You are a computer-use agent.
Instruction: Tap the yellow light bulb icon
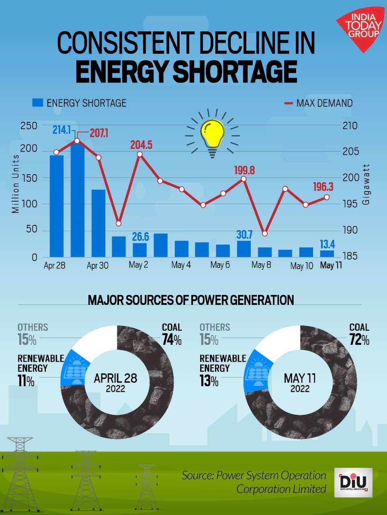pyautogui.click(x=212, y=134)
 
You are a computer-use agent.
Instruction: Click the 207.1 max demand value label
pyautogui.click(x=98, y=133)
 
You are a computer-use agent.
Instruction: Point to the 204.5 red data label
pyautogui.click(x=141, y=145)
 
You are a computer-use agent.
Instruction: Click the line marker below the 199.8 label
pyautogui.click(x=244, y=179)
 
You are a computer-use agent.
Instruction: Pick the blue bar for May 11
pyautogui.click(x=327, y=253)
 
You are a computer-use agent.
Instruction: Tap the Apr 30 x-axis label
pyautogui.click(x=97, y=266)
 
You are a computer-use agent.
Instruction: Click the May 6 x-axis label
pyautogui.click(x=220, y=265)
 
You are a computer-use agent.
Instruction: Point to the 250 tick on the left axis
pyautogui.click(x=29, y=126)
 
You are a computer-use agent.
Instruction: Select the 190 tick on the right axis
pyautogui.click(x=350, y=230)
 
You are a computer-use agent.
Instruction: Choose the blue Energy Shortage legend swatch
pyautogui.click(x=37, y=103)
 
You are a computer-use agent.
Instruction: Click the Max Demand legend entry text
pyautogui.click(x=324, y=103)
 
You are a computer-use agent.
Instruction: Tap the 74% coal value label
pyautogui.click(x=172, y=340)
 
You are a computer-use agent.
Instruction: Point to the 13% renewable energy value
pyautogui.click(x=209, y=381)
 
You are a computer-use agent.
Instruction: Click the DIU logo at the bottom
pyautogui.click(x=353, y=482)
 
